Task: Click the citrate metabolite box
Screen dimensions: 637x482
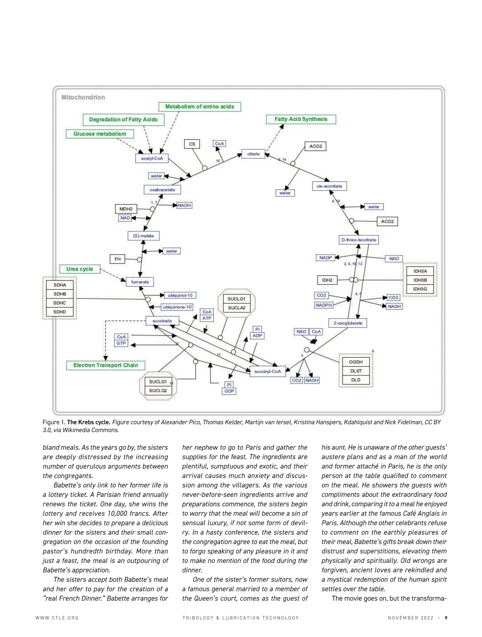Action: pyautogui.click(x=253, y=154)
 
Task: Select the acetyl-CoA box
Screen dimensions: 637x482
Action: pyautogui.click(x=152, y=158)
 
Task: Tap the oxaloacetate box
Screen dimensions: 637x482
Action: pyautogui.click(x=162, y=190)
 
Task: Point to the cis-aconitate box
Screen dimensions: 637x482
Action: pyautogui.click(x=329, y=186)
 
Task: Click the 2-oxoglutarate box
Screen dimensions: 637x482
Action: pyautogui.click(x=348, y=323)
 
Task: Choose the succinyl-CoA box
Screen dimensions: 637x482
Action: pyautogui.click(x=268, y=371)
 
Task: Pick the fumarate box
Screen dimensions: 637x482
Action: pyautogui.click(x=140, y=282)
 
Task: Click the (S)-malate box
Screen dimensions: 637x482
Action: pyautogui.click(x=143, y=236)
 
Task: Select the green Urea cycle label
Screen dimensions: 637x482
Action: pyautogui.click(x=80, y=269)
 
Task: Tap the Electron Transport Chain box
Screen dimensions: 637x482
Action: pyautogui.click(x=106, y=365)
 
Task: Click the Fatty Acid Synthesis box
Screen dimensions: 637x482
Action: pyautogui.click(x=301, y=119)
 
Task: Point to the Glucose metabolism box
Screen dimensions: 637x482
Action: pyautogui.click(x=100, y=134)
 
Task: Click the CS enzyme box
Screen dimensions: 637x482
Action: pyautogui.click(x=192, y=144)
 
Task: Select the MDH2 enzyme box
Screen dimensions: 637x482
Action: pyautogui.click(x=126, y=209)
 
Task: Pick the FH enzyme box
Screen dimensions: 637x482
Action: pyautogui.click(x=118, y=259)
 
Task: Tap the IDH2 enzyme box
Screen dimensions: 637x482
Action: pyautogui.click(x=327, y=280)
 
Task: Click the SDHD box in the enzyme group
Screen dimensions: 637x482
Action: pyautogui.click(x=59, y=312)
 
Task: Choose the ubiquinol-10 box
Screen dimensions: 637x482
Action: pyautogui.click(x=180, y=295)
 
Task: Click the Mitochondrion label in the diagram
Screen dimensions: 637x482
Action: pyautogui.click(x=83, y=97)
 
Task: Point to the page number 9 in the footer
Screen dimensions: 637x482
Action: pyautogui.click(x=446, y=618)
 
